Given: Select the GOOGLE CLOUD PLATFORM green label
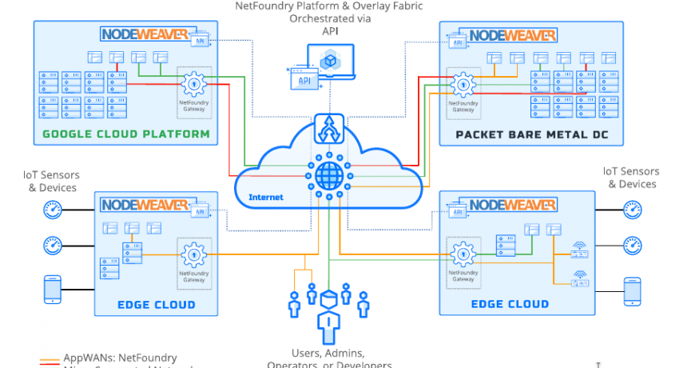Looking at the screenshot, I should [126, 134].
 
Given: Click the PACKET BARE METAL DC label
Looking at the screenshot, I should [531, 134].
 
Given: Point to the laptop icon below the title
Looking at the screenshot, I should [328, 62].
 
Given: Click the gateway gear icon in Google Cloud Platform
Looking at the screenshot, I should [193, 82].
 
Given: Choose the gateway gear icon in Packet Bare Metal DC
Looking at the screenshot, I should [461, 84].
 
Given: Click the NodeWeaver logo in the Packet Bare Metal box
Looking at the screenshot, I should [514, 35].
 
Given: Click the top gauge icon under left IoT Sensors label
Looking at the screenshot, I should [53, 211].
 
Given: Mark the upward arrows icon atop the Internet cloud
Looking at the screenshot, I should [328, 126].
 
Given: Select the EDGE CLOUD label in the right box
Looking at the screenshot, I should [510, 304].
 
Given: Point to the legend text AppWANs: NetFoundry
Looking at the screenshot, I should [109, 358].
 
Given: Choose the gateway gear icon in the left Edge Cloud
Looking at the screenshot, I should [193, 255].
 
